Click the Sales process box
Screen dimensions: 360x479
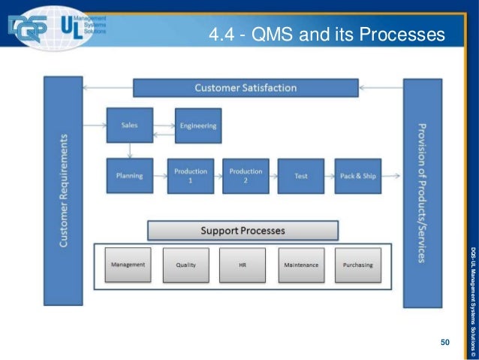(129, 126)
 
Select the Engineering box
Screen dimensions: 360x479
(198, 126)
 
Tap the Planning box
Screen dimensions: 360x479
(129, 176)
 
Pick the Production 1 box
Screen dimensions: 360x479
(190, 176)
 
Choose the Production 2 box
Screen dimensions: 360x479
(246, 176)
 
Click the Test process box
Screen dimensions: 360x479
(301, 176)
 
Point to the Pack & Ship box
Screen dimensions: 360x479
(357, 176)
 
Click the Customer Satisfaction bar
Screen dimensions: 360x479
(246, 88)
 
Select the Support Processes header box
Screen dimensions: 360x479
(243, 230)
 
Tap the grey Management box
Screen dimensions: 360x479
(128, 265)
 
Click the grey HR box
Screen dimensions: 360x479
(243, 265)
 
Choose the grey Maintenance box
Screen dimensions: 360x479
(301, 265)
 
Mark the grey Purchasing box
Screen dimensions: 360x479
(357, 265)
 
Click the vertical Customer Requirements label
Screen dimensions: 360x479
(64, 192)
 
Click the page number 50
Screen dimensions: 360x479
(444, 343)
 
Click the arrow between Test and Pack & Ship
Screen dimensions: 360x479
(329, 177)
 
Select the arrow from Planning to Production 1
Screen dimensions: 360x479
(160, 177)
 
